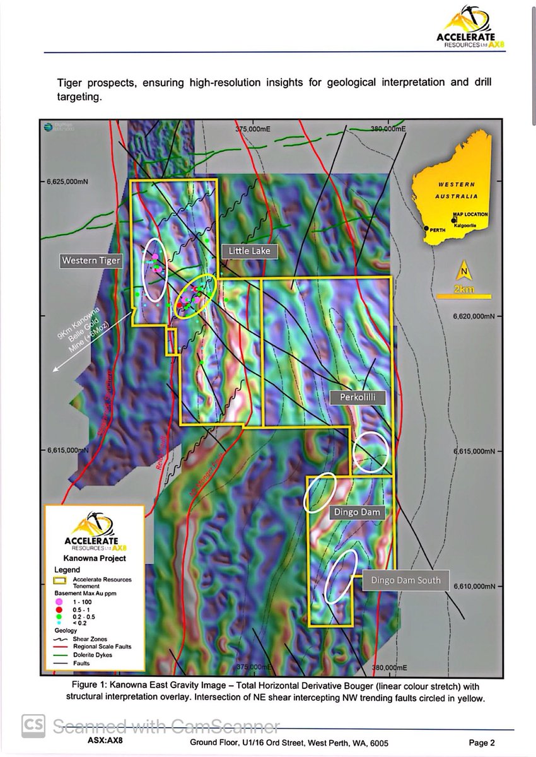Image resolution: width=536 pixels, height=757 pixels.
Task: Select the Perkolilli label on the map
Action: [358, 397]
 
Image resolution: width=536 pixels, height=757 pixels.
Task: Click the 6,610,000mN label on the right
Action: [479, 586]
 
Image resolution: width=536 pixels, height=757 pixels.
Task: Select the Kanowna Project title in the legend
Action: [95, 558]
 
